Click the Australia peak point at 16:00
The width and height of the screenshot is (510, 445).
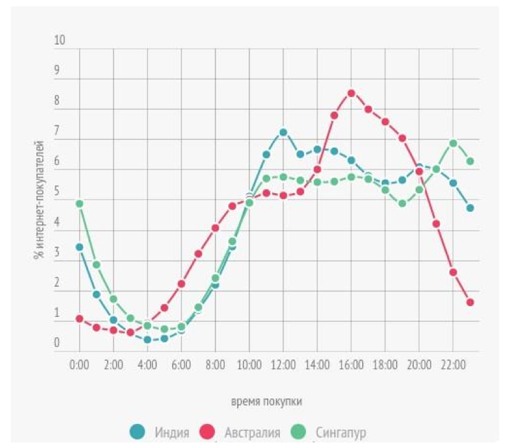tap(351, 93)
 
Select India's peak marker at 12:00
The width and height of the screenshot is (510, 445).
tap(283, 133)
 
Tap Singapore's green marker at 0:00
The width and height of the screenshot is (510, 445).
tap(80, 204)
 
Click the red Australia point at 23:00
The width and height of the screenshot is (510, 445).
tap(470, 302)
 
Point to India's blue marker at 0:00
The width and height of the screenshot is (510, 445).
tap(80, 247)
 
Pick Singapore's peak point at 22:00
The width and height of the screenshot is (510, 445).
tap(453, 143)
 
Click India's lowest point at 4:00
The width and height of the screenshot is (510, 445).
tap(147, 340)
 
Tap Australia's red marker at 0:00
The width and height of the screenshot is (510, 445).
tap(80, 319)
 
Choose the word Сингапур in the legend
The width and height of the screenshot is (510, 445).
tap(340, 434)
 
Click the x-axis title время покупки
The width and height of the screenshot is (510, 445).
tap(266, 402)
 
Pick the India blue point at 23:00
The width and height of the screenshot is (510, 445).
tap(470, 208)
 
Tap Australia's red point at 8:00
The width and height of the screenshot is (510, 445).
tap(215, 228)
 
